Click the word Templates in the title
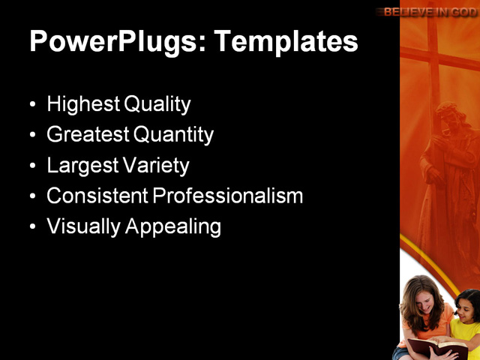(x=286, y=41)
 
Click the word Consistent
(x=97, y=196)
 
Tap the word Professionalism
(x=229, y=196)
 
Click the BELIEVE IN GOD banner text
(x=430, y=11)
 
